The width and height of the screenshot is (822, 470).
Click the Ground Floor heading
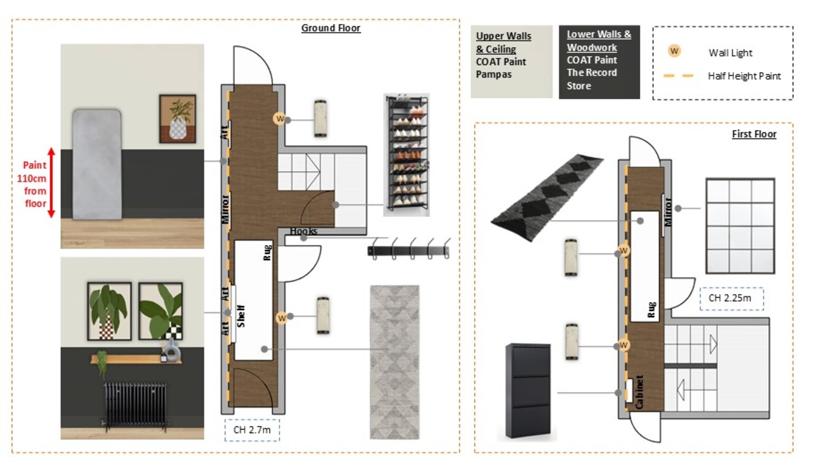tap(331, 28)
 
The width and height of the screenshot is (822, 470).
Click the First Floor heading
tap(754, 134)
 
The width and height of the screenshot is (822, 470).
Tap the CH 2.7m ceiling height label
tap(252, 430)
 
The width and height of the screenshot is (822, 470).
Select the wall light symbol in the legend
tap(674, 51)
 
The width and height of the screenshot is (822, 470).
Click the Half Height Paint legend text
tap(744, 77)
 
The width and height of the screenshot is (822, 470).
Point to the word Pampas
tap(493, 74)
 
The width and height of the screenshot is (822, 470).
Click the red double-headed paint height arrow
tap(51, 183)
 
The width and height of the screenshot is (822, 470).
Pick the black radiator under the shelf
tap(135, 405)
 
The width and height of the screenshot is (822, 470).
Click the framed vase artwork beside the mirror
tap(178, 118)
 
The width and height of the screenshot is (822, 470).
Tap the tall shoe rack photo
tap(407, 155)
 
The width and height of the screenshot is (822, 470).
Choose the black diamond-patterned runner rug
tap(547, 197)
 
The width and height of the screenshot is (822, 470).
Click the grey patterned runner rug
tap(395, 362)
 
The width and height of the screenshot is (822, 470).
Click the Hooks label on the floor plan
tap(303, 231)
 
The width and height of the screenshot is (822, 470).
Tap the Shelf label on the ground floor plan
tap(241, 316)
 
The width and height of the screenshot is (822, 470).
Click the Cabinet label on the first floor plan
tap(639, 392)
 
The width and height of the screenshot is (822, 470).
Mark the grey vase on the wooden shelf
tap(171, 350)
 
